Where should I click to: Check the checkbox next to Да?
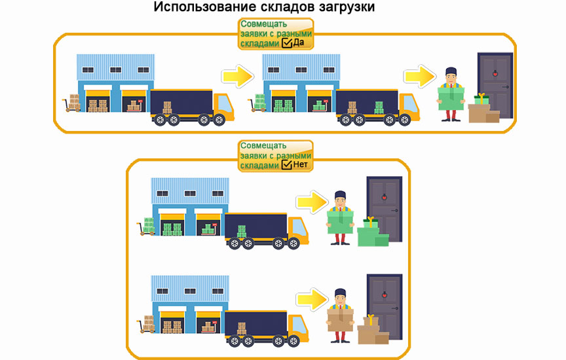[287, 43]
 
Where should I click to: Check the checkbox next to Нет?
[287, 166]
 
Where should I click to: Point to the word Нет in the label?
[301, 166]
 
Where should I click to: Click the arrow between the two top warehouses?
[237, 76]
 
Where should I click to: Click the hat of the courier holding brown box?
[339, 293]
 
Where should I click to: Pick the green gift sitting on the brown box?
[481, 99]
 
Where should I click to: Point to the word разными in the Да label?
[295, 33]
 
